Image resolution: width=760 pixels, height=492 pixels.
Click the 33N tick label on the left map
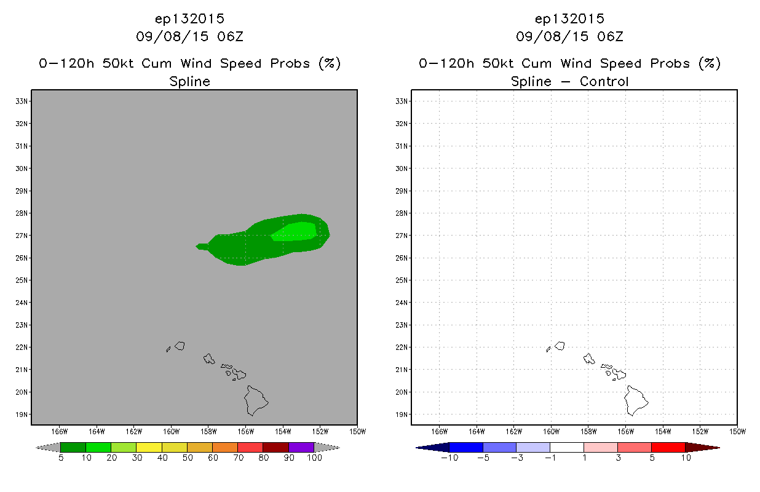(22, 101)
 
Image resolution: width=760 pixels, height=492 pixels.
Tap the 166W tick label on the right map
(440, 432)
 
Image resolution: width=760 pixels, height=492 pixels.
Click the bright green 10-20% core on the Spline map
(294, 231)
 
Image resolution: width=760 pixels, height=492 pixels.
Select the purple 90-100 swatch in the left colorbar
(301, 447)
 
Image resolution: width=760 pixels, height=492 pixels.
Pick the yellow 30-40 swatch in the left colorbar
(149, 447)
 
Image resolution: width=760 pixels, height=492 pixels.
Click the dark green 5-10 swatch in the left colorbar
(73, 447)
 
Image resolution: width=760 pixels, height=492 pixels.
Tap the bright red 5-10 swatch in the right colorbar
(668, 447)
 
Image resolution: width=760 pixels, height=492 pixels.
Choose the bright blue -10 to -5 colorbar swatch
(466, 447)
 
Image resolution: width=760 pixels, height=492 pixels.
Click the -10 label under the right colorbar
(449, 458)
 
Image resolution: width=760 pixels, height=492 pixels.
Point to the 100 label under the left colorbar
(314, 458)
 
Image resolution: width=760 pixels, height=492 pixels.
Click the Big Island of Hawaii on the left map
(256, 401)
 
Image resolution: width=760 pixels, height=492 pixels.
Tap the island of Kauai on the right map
(560, 346)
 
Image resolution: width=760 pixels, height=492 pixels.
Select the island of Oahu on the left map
(209, 359)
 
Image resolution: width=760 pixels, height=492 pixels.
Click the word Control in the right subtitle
(604, 81)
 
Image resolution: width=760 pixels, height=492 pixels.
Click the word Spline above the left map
(189, 82)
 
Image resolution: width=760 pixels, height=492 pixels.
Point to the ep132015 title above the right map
(569, 18)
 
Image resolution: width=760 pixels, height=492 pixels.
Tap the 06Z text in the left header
(231, 36)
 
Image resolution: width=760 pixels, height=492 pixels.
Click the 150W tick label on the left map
(358, 432)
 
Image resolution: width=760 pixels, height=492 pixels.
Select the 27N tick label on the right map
(402, 236)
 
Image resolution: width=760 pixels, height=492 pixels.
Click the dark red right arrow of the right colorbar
(702, 447)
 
